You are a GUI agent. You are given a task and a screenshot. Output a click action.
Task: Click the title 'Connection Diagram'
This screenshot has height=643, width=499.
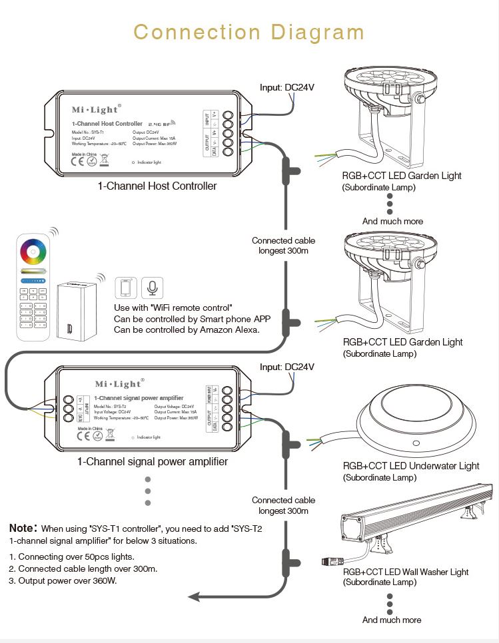(x=249, y=32)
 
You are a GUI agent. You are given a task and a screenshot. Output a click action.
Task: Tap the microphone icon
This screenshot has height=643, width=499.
(x=153, y=288)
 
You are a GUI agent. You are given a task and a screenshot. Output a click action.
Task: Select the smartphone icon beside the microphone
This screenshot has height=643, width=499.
(x=125, y=288)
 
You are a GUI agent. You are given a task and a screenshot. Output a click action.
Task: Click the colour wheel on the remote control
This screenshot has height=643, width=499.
(x=33, y=253)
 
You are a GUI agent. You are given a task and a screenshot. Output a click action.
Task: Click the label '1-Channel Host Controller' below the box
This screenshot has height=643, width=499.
(x=157, y=186)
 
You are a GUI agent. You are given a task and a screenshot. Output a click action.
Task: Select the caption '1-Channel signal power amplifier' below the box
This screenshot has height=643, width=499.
(x=153, y=461)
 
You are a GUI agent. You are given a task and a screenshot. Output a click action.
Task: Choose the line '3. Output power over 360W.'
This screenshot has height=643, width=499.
(x=63, y=580)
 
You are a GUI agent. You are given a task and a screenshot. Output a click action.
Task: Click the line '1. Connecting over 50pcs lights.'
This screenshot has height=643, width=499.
(x=72, y=556)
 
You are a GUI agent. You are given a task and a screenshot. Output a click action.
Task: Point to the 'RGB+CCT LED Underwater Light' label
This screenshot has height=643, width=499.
(x=411, y=466)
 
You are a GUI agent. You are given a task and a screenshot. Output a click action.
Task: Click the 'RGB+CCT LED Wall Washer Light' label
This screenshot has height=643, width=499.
(x=406, y=572)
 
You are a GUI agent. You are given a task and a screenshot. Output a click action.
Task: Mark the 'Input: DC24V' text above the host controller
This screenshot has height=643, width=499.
(x=287, y=87)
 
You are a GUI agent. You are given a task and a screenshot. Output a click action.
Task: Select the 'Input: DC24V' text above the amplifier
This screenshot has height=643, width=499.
(x=287, y=367)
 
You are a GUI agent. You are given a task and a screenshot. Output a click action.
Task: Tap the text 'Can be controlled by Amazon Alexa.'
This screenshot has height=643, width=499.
(x=187, y=329)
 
